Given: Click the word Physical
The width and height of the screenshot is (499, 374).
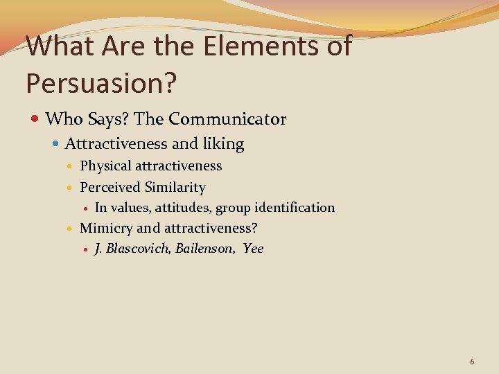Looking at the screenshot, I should click(105, 166).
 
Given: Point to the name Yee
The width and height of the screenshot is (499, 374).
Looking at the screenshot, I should click(253, 249).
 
